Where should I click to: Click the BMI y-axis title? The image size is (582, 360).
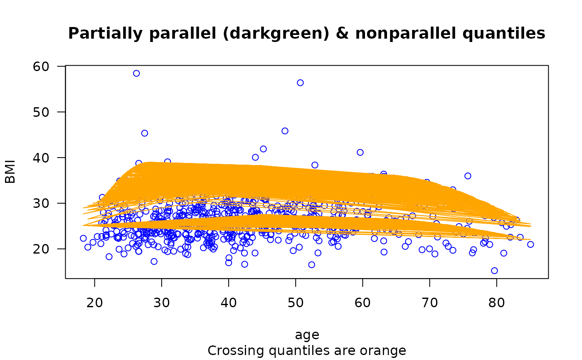[x=10, y=172]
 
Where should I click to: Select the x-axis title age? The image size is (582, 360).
[x=307, y=335]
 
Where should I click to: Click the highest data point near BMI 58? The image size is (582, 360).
[x=136, y=74]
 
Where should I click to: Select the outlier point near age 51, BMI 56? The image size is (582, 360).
[x=300, y=83]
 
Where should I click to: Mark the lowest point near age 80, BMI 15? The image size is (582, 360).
[x=494, y=271]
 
